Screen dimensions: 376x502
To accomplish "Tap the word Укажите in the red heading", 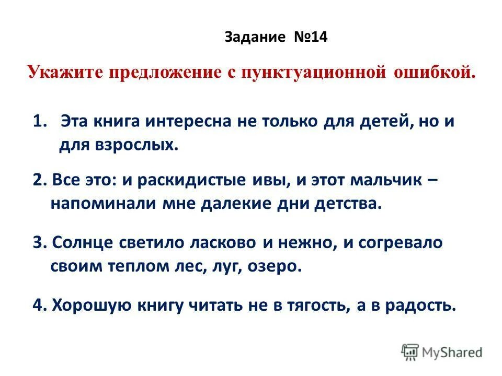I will click(x=65, y=72).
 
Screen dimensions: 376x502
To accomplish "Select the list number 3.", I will click(x=37, y=243).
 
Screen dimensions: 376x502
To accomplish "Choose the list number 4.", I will click(x=37, y=305).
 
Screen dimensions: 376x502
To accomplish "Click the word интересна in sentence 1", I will click(x=190, y=121).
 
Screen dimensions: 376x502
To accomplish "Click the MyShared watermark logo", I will click(x=442, y=352).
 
